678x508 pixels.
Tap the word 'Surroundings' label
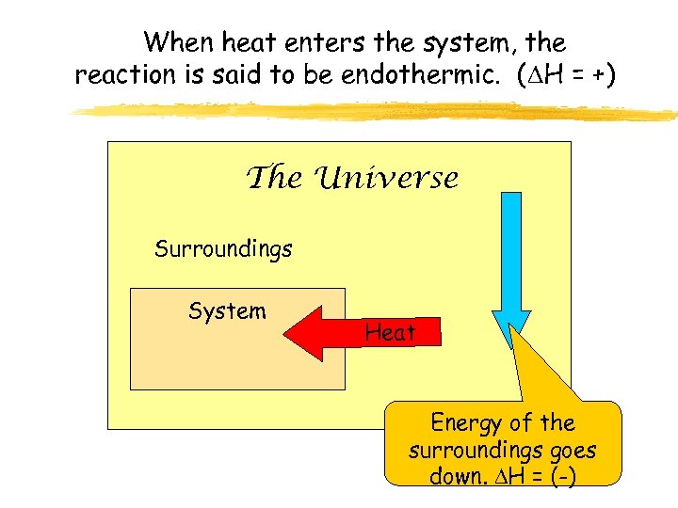point(223,249)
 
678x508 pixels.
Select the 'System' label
point(227,310)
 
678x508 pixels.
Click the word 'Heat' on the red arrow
point(390,332)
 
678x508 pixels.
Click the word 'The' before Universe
point(273,178)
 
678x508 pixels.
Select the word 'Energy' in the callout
point(464,423)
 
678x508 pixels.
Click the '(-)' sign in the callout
point(563,476)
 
